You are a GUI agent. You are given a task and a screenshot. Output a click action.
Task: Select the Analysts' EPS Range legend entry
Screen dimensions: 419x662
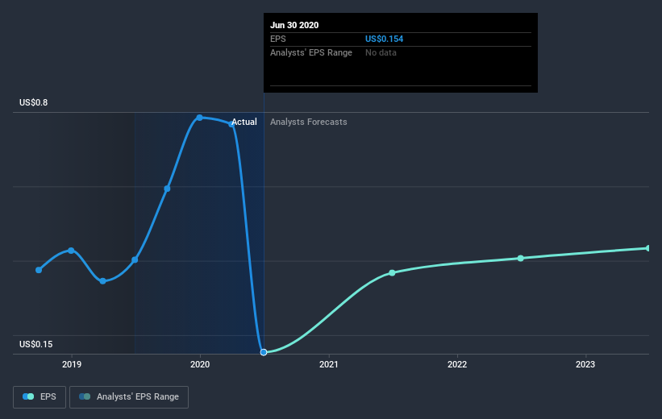click(129, 396)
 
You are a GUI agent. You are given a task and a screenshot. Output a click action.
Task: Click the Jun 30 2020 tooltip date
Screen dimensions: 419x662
click(295, 25)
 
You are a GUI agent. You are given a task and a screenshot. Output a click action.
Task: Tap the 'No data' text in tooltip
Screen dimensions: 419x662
click(381, 52)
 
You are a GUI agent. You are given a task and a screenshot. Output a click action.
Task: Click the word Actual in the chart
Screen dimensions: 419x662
click(244, 122)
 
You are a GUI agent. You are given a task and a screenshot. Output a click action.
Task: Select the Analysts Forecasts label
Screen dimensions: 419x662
click(309, 122)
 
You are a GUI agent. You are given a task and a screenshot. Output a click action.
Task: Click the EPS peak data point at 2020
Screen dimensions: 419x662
click(199, 118)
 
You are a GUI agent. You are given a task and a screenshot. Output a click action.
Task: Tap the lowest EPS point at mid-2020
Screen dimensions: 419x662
click(264, 352)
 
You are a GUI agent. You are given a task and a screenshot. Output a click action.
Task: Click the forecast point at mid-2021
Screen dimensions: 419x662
click(392, 272)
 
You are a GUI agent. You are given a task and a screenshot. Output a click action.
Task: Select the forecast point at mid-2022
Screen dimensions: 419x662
click(521, 258)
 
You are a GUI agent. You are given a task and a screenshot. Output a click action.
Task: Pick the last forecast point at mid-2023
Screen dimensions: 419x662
click(648, 248)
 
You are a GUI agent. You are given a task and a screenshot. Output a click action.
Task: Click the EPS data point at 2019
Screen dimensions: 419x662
click(72, 251)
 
